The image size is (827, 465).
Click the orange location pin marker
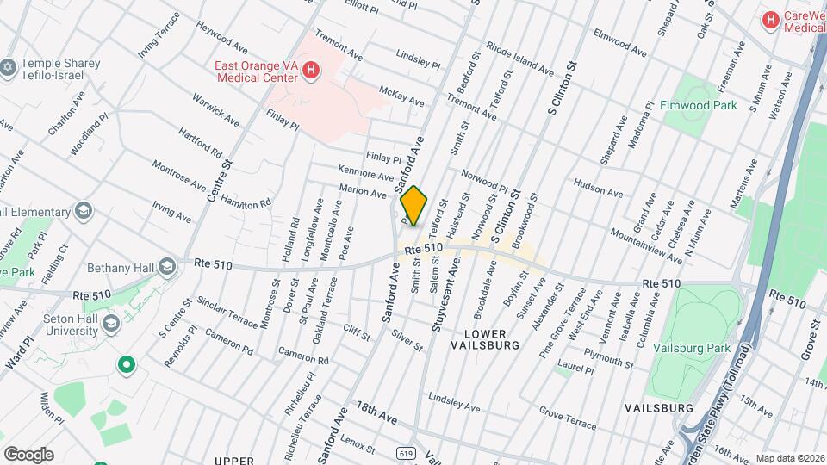click(x=413, y=206)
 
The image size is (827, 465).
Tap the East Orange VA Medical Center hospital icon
click(x=312, y=73)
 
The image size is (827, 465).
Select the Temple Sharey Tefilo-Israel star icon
click(x=9, y=67)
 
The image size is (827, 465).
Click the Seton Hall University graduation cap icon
click(x=110, y=322)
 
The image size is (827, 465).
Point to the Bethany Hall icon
click(x=166, y=265)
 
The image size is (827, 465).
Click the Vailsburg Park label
click(x=691, y=348)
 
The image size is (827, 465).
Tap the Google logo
click(x=28, y=454)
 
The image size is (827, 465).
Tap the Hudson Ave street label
click(x=596, y=185)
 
